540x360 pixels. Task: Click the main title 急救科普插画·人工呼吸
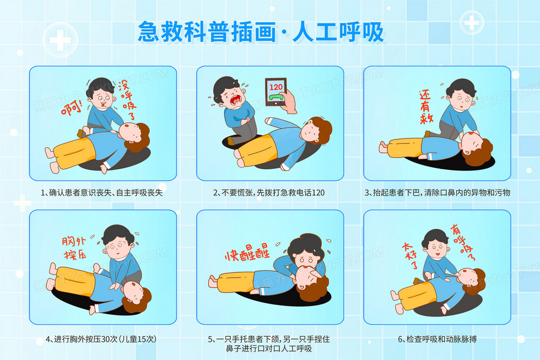point(261,31)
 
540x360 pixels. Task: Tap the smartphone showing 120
point(276,92)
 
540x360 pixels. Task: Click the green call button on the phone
point(276,98)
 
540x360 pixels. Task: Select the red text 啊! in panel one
point(72,108)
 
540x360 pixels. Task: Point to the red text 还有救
point(425,107)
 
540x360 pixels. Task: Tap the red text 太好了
point(410,255)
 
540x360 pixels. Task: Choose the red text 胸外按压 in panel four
point(74,248)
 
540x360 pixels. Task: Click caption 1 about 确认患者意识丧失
point(101,192)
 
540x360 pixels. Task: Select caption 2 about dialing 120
point(269,192)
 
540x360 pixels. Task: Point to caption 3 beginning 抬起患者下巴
point(438,192)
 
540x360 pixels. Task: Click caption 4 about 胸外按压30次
point(101,339)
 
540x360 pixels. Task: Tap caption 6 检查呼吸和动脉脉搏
point(438,339)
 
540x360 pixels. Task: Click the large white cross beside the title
point(60,40)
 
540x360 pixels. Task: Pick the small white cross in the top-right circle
point(472,23)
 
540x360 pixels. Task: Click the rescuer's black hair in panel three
point(461,87)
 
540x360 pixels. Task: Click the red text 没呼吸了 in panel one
point(127,100)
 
